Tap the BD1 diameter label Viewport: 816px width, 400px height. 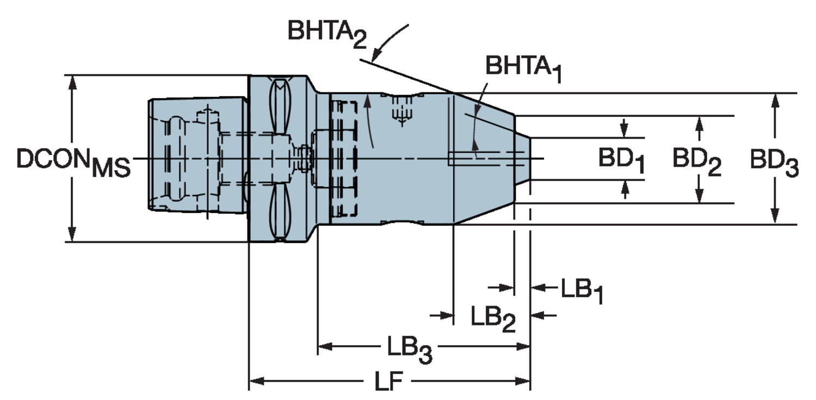(x=622, y=160)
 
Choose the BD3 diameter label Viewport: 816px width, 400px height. (x=774, y=163)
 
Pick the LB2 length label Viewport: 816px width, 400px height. (x=493, y=318)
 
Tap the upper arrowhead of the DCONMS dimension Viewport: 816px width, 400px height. (x=71, y=82)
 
